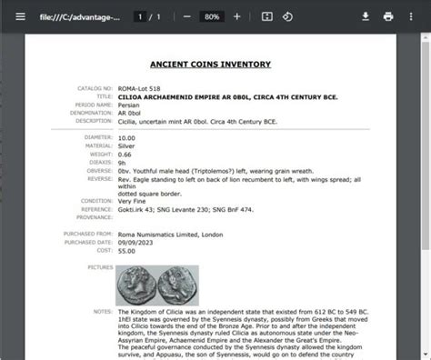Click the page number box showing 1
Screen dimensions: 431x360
coord(139,16)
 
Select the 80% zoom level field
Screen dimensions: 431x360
coord(211,16)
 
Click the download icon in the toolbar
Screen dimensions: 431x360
coord(366,16)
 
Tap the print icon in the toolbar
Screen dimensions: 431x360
coord(388,16)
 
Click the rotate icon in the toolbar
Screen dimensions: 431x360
coord(287,16)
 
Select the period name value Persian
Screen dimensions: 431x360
coord(129,105)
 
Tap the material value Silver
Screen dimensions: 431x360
coord(127,145)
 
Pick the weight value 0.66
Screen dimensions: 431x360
coord(124,154)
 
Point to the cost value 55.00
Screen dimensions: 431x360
coord(125,249)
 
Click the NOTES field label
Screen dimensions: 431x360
coord(102,309)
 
